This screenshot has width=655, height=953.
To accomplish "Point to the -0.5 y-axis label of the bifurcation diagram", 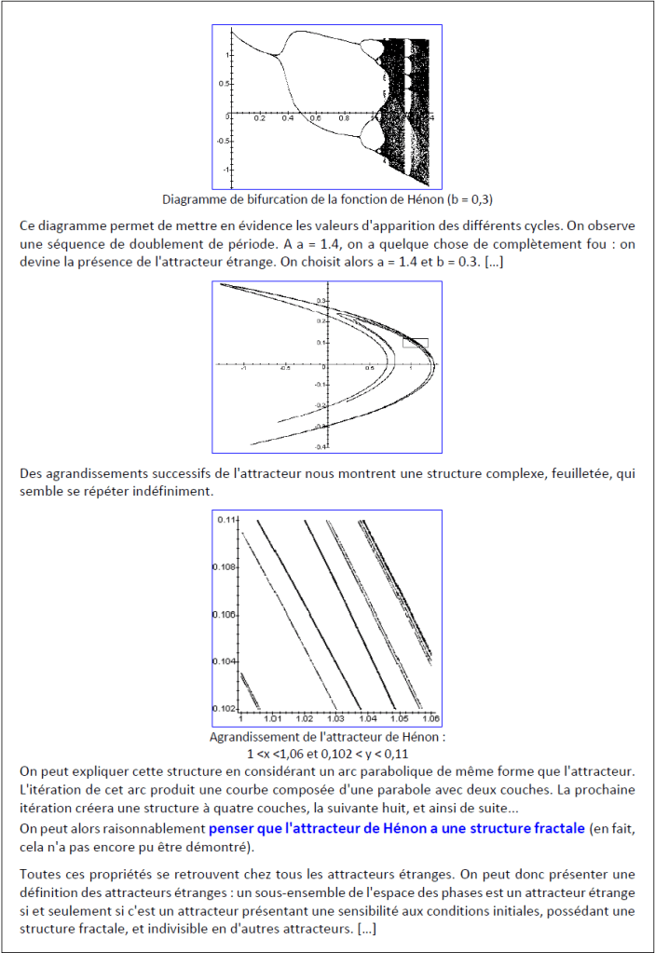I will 222,141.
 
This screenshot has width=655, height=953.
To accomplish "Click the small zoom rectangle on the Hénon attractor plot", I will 415,343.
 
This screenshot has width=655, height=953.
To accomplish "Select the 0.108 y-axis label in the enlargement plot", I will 225,566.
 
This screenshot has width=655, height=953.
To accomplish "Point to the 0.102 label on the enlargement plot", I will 225,708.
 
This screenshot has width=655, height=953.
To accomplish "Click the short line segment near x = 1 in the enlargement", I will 249,689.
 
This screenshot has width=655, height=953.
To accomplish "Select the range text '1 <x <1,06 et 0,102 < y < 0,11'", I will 327,753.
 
